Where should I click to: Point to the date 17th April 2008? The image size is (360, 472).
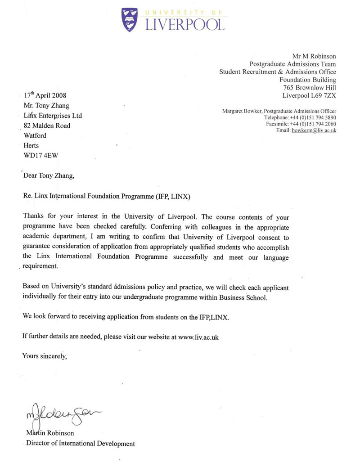click(45, 95)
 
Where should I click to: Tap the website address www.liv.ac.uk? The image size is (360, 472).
click(198, 337)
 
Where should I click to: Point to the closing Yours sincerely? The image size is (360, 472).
click(45, 357)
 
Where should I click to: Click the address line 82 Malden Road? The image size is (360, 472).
click(47, 126)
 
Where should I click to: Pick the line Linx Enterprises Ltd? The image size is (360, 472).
click(52, 116)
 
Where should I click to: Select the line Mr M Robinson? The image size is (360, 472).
click(314, 56)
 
